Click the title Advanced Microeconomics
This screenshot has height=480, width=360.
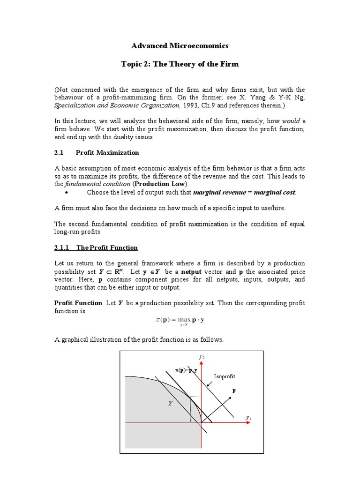(x=180, y=45)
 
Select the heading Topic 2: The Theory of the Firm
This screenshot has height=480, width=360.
(x=180, y=64)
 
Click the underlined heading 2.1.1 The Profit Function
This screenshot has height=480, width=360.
(x=96, y=247)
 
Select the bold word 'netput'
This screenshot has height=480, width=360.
(x=194, y=272)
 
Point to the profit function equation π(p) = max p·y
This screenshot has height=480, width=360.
(x=180, y=321)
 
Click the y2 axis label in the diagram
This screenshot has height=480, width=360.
(x=202, y=357)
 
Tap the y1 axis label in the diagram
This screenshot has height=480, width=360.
(x=248, y=417)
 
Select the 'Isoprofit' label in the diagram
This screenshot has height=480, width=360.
(x=225, y=376)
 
